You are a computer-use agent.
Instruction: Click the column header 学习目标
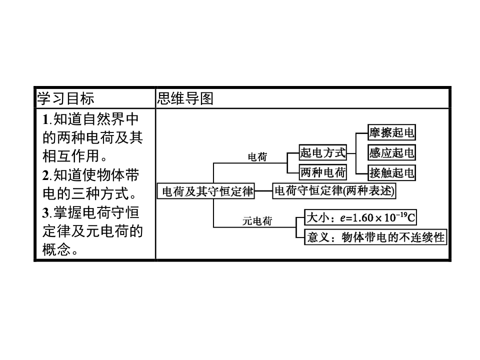(x=65, y=98)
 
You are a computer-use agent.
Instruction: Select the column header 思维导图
(x=185, y=98)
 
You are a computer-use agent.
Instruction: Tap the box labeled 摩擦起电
(x=391, y=132)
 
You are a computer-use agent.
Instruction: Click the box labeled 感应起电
(x=391, y=152)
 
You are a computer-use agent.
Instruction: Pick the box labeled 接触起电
(x=391, y=173)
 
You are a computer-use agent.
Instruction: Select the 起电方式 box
(x=323, y=152)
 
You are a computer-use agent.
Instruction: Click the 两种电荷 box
(x=323, y=173)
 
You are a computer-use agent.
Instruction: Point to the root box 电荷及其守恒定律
(x=206, y=190)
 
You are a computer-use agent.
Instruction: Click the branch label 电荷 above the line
(x=257, y=157)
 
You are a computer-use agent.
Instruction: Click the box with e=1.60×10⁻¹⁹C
(x=360, y=218)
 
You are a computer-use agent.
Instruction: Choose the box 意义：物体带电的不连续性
(x=375, y=237)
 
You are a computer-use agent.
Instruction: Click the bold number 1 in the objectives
(x=45, y=119)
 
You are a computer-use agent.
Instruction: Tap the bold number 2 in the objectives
(x=45, y=175)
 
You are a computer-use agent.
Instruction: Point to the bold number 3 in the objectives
(x=45, y=213)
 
